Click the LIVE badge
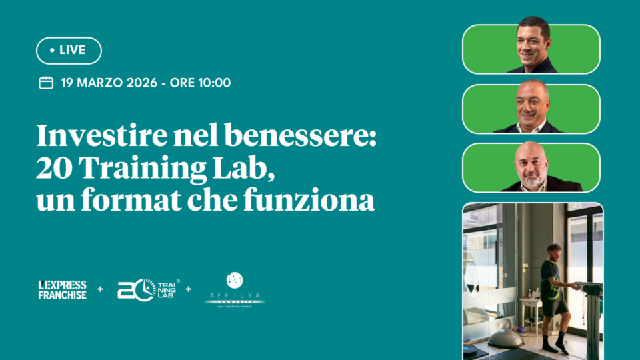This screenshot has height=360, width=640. coord(69,51)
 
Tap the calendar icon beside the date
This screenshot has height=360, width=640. coord(46,83)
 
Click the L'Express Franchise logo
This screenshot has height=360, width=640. coord(62,289)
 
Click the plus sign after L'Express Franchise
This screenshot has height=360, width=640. coord(101,289)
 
